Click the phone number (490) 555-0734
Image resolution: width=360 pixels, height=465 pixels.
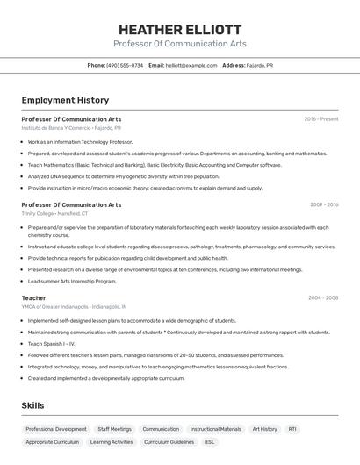tap(124, 65)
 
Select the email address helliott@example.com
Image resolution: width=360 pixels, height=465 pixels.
tap(191, 65)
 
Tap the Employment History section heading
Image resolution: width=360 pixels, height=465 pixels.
tap(65, 100)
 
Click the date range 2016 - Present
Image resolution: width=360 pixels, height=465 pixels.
tap(320, 118)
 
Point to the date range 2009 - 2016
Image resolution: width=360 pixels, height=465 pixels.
tap(323, 204)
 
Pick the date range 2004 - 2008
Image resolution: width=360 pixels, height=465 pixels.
tap(323, 297)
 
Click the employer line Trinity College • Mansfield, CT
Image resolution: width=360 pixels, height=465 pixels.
tap(54, 213)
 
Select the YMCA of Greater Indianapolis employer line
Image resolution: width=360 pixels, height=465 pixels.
tap(74, 307)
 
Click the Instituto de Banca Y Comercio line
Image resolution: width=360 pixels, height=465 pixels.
tap(71, 127)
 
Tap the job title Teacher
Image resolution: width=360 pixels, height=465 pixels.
tap(33, 297)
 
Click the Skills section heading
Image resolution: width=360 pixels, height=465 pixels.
tap(32, 405)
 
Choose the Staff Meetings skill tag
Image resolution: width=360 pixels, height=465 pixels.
tap(114, 429)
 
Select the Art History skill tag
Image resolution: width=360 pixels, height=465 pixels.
tap(264, 429)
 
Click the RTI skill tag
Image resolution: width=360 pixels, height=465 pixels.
tap(292, 429)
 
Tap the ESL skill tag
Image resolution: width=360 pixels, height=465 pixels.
tap(209, 442)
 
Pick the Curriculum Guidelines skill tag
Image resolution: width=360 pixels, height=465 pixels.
tap(169, 442)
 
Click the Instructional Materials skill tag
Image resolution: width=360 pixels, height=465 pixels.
tap(215, 429)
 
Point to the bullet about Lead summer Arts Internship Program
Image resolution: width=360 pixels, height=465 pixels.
tap(72, 281)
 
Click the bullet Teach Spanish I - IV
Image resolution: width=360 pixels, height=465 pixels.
tap(52, 344)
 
